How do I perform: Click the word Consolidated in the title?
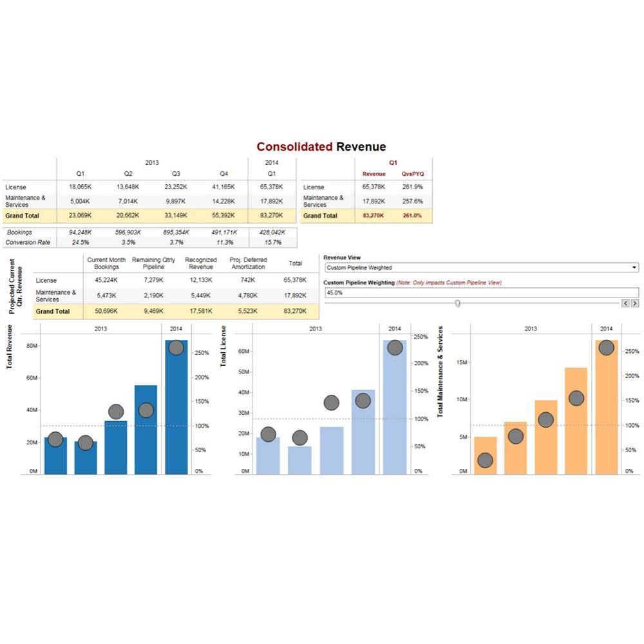click(294, 147)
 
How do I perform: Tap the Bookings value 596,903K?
click(128, 232)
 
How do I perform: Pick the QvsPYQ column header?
click(413, 174)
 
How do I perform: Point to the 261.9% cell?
click(412, 187)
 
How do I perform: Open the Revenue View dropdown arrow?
click(634, 267)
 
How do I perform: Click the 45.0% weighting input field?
click(477, 292)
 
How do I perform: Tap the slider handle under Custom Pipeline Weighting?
click(458, 303)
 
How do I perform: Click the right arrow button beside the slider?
click(635, 303)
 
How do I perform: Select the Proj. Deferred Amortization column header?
click(248, 263)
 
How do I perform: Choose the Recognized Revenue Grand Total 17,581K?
click(200, 311)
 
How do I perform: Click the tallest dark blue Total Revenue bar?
click(176, 412)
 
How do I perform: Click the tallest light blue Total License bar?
click(395, 412)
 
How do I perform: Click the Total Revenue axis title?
click(10, 346)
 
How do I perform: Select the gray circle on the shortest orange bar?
click(486, 460)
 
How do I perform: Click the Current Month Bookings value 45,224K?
click(106, 280)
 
